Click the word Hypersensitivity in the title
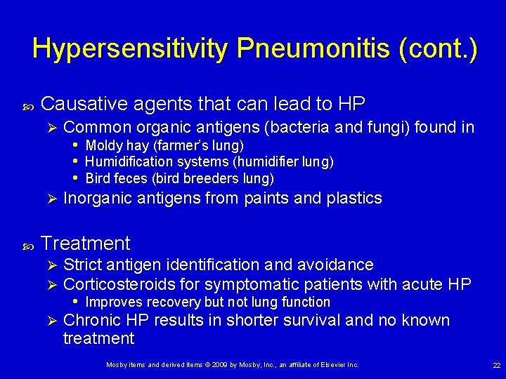(x=130, y=48)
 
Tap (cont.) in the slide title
(x=437, y=48)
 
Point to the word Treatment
(x=86, y=244)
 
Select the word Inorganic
(x=93, y=199)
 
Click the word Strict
(x=81, y=265)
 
